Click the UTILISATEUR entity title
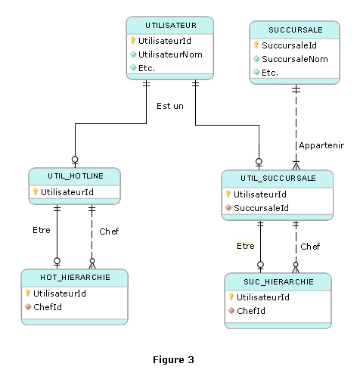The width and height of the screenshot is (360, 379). tap(171, 26)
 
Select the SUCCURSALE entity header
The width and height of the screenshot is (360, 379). tap(296, 30)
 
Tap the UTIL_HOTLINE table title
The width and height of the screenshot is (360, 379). tap(76, 176)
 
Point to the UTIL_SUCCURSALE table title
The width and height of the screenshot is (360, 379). tap(278, 179)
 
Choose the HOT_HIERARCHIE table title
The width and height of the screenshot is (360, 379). tap(75, 278)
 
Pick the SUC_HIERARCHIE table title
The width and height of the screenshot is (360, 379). tap(278, 281)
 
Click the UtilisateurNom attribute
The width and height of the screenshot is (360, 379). tap(170, 54)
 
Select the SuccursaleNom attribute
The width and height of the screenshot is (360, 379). tap(295, 59)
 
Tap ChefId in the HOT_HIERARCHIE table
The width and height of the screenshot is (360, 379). tap(48, 307)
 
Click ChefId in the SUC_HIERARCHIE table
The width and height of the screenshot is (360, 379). tap(251, 311)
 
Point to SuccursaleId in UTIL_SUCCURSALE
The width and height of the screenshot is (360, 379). tap(261, 208)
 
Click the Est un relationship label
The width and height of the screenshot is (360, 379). tap(170, 106)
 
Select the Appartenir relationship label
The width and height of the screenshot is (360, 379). tap(321, 145)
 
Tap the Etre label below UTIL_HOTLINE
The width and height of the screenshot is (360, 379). tap(42, 230)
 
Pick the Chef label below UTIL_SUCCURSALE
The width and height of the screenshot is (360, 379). tap(310, 247)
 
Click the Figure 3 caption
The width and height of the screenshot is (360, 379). tap(173, 359)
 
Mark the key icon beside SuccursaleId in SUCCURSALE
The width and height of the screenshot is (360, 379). tap(256, 45)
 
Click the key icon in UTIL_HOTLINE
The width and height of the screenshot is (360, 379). tap(36, 191)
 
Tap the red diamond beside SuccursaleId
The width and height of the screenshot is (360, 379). tap(228, 207)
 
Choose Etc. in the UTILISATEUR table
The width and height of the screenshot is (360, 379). tap(147, 68)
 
